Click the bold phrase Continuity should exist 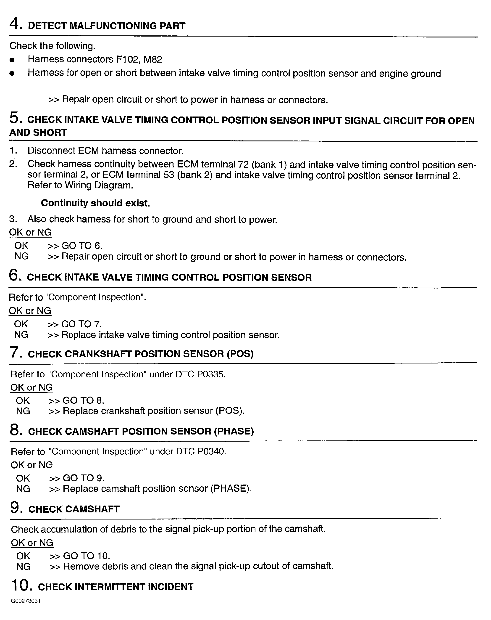pyautogui.click(x=95, y=203)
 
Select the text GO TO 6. pyautogui.click(x=81, y=246)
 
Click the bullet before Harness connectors pyautogui.click(x=12, y=60)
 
